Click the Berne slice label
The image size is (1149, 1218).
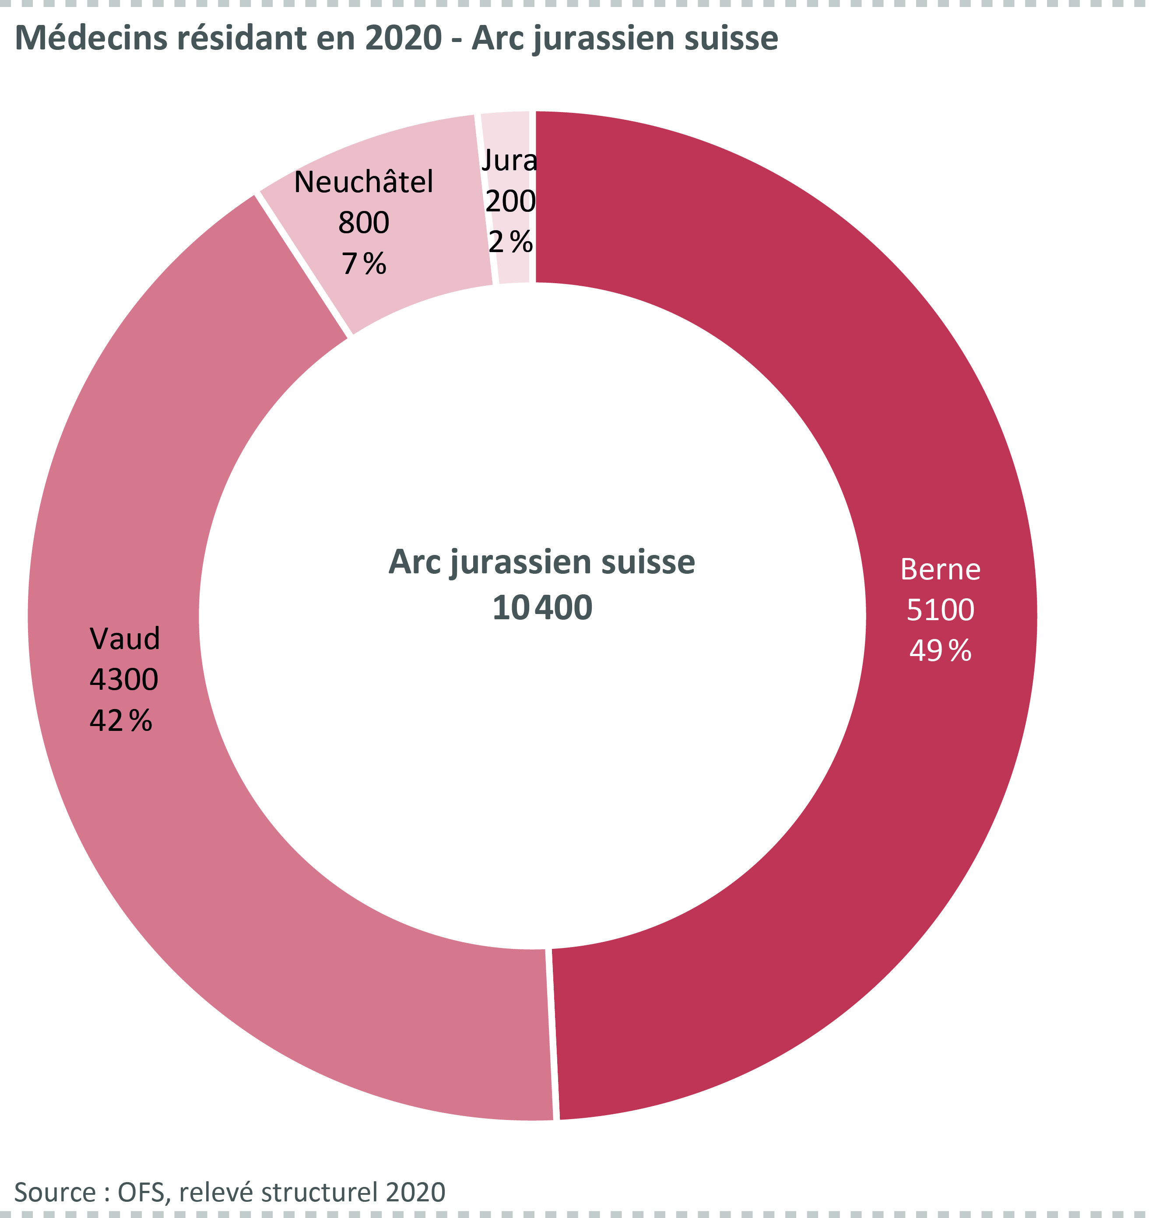coord(940,570)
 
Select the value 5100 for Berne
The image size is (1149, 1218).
coord(940,610)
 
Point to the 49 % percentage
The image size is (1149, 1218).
coord(940,651)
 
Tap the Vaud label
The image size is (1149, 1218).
coord(125,639)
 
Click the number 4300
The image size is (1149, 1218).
coord(124,679)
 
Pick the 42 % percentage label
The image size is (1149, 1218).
coord(121,720)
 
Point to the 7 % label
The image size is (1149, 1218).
coord(364,263)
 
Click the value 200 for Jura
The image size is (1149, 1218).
coord(510,202)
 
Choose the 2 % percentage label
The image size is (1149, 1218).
coord(510,242)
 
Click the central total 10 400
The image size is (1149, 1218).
coord(542,608)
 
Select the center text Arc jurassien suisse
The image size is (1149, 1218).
coord(542,562)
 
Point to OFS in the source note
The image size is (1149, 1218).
coord(141,1192)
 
